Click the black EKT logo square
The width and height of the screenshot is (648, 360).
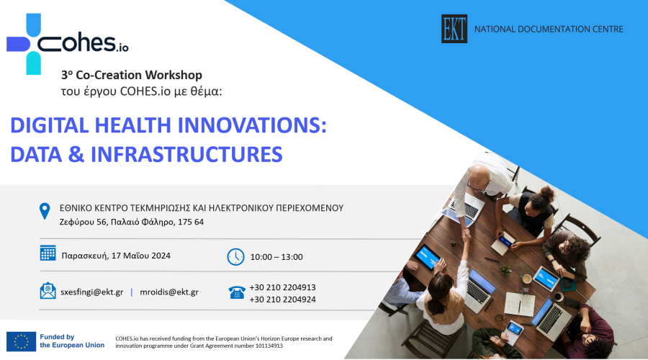coord(454,29)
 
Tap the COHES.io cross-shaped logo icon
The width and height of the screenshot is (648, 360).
coord(24,44)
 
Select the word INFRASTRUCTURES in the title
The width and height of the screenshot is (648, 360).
coord(186,154)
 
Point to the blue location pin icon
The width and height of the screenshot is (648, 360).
coord(45,211)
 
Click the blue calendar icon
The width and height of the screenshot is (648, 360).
coord(48,253)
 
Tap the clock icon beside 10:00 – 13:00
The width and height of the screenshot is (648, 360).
coord(235,256)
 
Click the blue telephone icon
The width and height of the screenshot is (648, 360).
coord(237,292)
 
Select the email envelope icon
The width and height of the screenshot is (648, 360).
coord(48,291)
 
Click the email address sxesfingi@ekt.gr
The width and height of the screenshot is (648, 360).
coord(91,292)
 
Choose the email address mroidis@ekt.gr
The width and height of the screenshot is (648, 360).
coord(169,292)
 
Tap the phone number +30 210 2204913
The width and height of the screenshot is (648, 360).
coord(283,287)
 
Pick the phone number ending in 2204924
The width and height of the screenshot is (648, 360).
coord(283,300)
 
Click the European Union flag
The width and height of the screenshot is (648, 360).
coord(21,341)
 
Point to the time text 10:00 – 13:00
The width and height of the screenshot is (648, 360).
coord(276,257)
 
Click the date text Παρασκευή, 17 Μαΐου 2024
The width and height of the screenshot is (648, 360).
coord(116,256)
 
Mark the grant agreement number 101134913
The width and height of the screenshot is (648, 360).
coord(269,346)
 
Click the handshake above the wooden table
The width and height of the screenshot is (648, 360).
coord(466,236)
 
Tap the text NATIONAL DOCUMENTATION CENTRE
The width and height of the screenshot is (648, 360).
coord(549,30)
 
